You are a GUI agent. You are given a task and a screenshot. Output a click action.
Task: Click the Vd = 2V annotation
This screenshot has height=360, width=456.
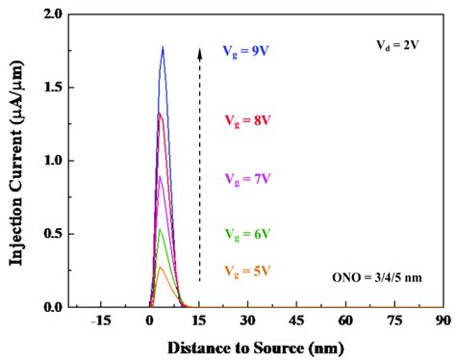click(395, 44)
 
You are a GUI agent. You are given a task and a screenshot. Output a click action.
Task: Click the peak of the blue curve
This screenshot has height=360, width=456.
click(163, 47)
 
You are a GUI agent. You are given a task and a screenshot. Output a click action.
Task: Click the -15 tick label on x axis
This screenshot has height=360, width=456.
click(98, 322)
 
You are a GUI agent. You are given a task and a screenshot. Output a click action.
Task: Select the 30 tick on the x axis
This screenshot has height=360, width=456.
click(247, 322)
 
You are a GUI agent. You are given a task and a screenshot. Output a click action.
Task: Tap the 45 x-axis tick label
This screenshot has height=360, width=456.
click(296, 322)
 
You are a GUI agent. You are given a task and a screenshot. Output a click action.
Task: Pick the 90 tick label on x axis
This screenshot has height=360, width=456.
click(443, 322)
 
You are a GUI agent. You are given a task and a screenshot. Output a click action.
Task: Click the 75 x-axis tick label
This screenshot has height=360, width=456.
click(393, 322)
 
